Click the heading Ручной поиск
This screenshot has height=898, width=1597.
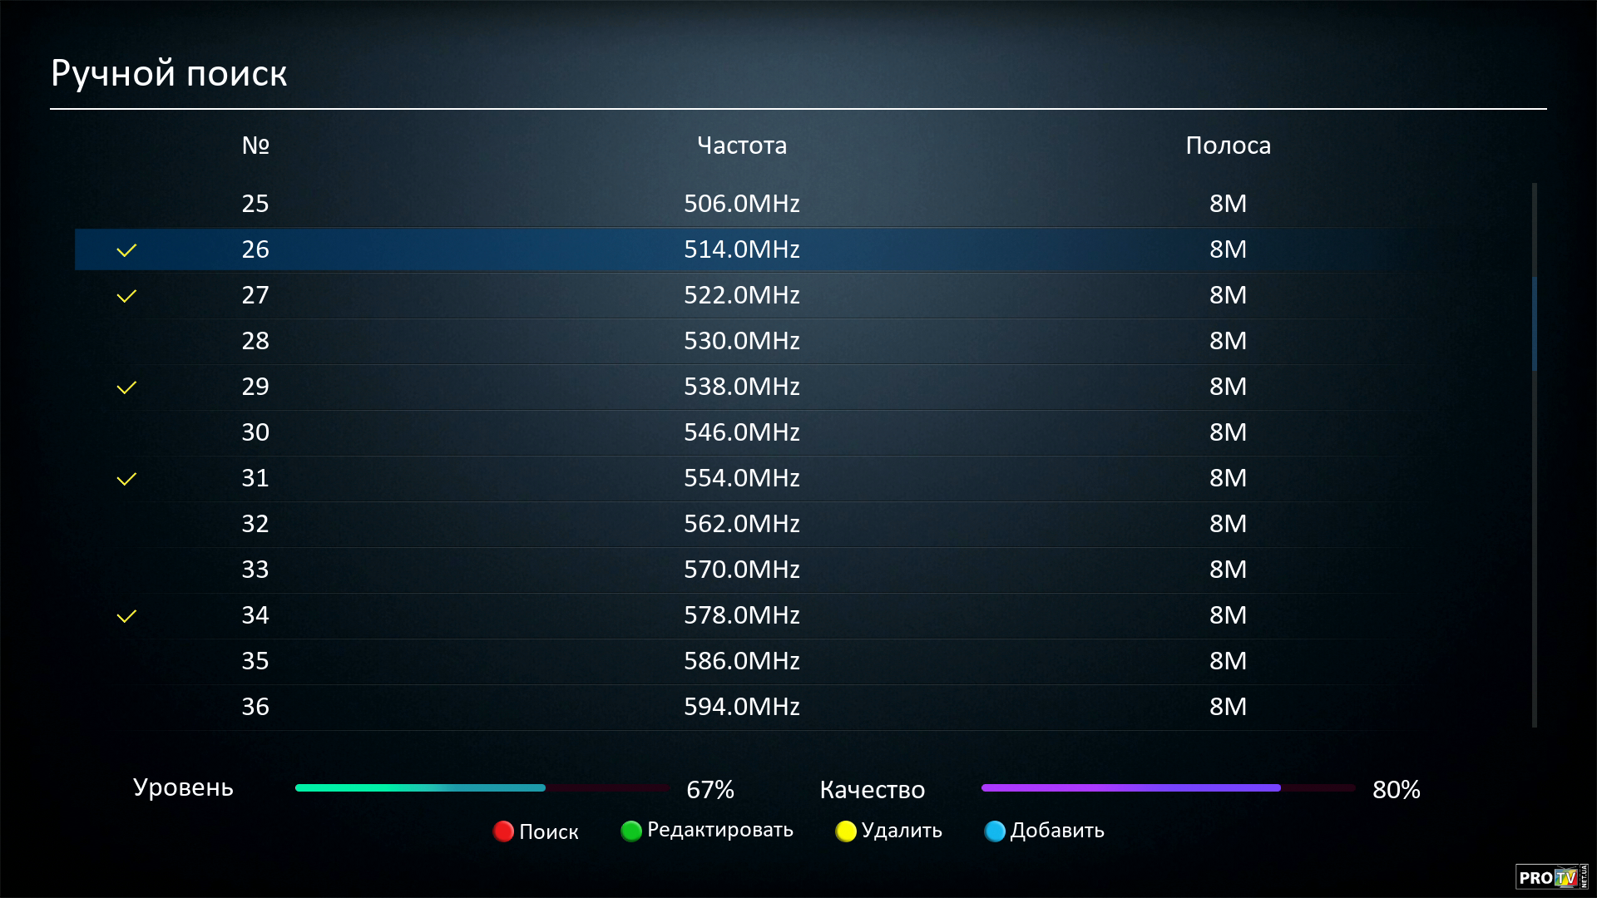click(x=169, y=73)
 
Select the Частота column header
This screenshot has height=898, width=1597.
click(x=741, y=146)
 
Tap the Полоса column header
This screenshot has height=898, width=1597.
click(x=1228, y=146)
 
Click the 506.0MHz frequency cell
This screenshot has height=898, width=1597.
click(x=741, y=204)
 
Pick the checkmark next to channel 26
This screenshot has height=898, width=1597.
click(x=126, y=250)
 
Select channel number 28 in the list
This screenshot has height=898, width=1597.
click(x=255, y=341)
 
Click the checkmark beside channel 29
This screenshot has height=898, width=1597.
click(x=126, y=387)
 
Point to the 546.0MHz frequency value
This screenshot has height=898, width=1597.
click(x=741, y=432)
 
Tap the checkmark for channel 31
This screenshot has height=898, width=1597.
click(x=126, y=479)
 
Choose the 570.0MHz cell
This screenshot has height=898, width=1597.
click(x=741, y=570)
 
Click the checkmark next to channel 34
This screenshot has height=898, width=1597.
click(x=126, y=616)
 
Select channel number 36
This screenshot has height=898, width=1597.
click(x=255, y=707)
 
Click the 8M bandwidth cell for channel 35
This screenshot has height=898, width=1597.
click(x=1228, y=661)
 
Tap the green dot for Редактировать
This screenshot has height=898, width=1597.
click(x=631, y=831)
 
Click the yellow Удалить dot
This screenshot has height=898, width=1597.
click(x=846, y=831)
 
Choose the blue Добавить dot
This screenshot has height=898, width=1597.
click(x=995, y=831)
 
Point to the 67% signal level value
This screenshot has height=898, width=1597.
click(x=710, y=790)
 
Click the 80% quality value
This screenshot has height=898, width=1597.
click(x=1396, y=790)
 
